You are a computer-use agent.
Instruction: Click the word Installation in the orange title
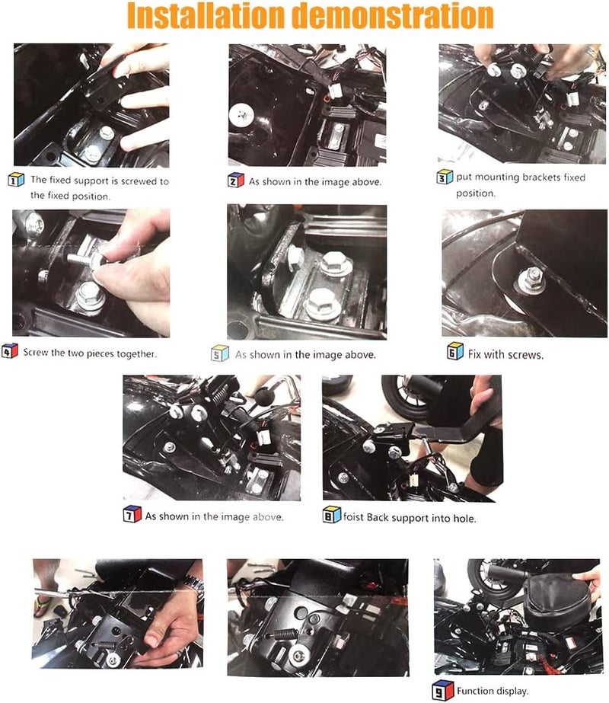coord(206,16)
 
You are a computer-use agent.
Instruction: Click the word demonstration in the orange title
coord(393,16)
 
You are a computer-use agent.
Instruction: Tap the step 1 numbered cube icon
coord(16,180)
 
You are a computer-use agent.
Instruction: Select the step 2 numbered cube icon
coord(236,180)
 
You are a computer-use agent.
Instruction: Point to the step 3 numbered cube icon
coord(445,177)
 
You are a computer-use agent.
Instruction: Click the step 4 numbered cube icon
coord(10,350)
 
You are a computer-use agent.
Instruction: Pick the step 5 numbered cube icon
coord(219,353)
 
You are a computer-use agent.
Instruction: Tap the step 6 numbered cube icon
coord(454,351)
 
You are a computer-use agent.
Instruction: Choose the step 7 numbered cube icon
coord(132,515)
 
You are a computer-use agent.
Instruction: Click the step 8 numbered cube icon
coord(332,515)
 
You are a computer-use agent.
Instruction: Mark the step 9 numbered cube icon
coord(443,690)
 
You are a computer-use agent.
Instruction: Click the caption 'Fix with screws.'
coord(505,355)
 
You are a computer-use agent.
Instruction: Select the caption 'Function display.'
coord(493,691)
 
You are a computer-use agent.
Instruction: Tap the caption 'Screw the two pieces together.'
coord(90,353)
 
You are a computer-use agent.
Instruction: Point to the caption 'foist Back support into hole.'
coord(410,518)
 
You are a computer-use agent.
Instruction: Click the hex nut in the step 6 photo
coord(533,279)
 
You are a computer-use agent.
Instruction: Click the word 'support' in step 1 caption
coord(91,181)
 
